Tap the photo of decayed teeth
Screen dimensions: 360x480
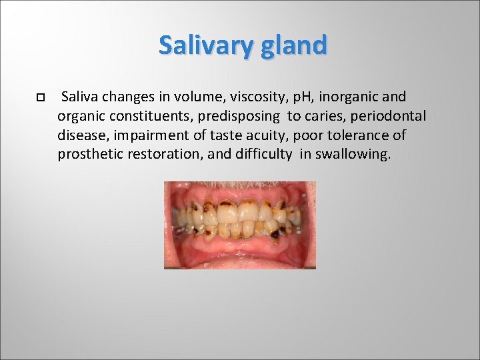pos(240,225)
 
